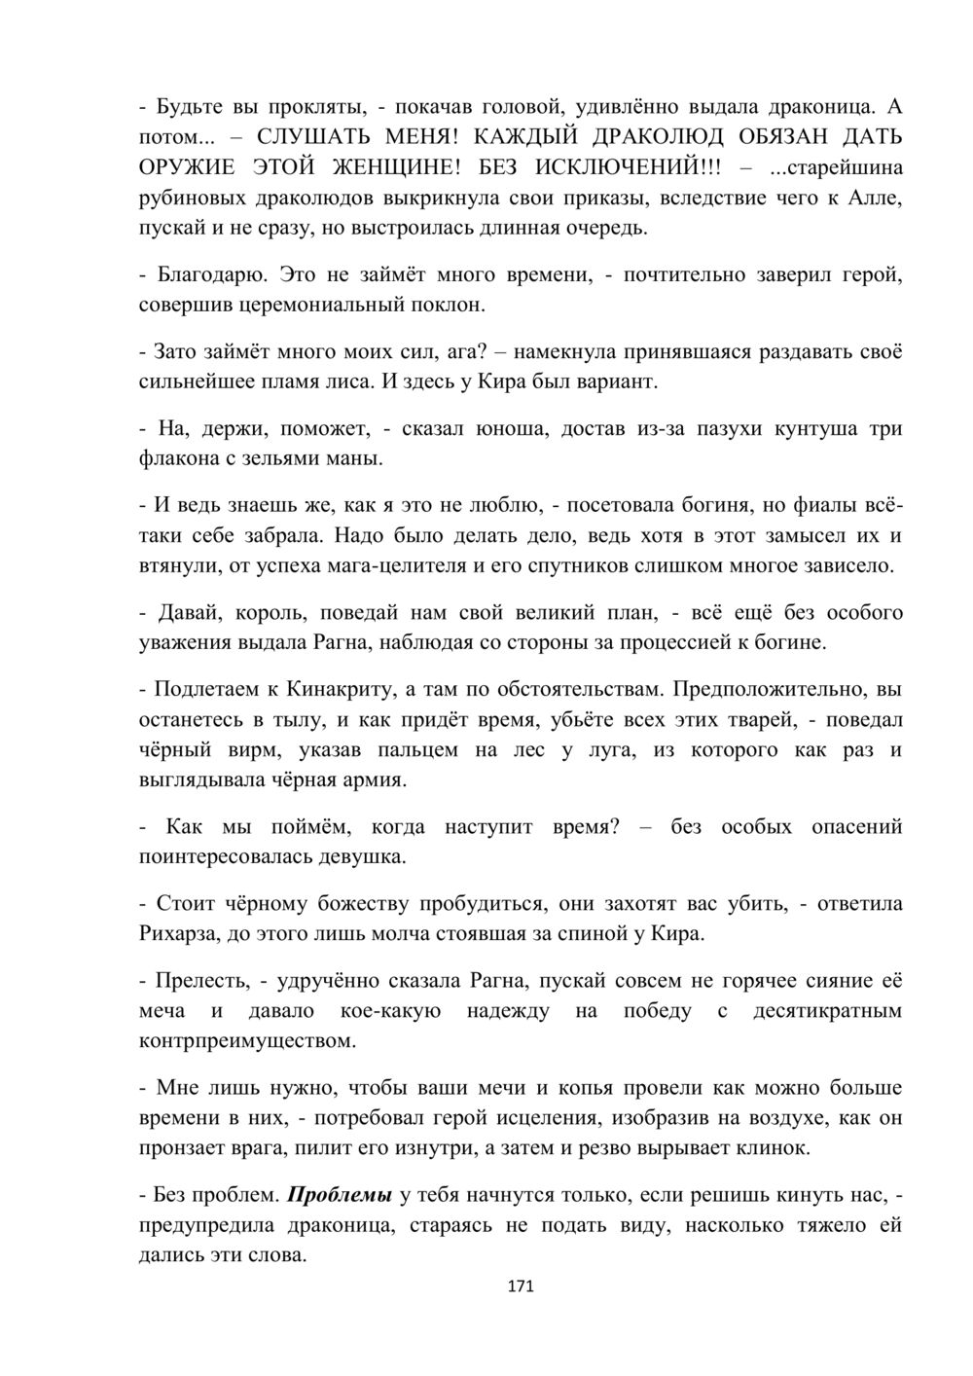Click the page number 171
(521, 1286)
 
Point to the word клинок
(776, 1149)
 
